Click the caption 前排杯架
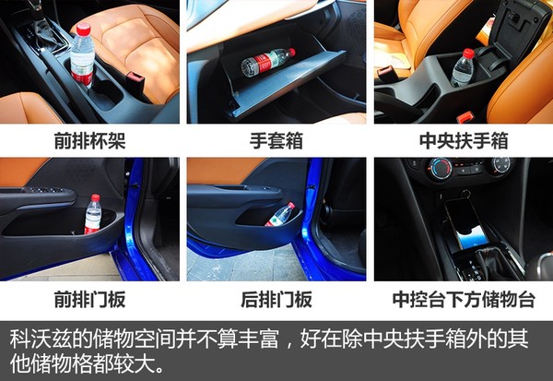(x=90, y=141)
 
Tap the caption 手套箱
(x=276, y=141)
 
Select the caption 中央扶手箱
(x=464, y=141)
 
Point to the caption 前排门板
(x=90, y=300)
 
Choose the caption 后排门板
(x=276, y=300)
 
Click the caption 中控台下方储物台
(x=464, y=300)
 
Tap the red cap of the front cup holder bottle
(x=84, y=29)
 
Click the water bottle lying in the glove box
(x=268, y=62)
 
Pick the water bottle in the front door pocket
(x=93, y=214)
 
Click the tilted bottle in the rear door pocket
(x=280, y=215)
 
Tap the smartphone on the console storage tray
(x=465, y=221)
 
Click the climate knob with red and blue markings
(x=440, y=169)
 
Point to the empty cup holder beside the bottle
(x=106, y=91)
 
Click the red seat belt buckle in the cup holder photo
(x=135, y=80)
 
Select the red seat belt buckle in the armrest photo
(x=465, y=117)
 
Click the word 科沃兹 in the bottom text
(x=41, y=339)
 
